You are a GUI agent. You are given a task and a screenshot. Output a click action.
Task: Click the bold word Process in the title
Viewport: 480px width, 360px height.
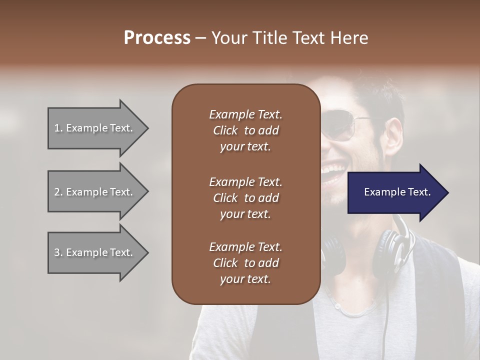(x=157, y=38)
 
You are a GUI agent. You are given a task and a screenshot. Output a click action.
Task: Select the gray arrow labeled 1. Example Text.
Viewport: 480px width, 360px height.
(x=95, y=128)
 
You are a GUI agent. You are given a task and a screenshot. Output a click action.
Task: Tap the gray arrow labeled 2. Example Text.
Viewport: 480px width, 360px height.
(x=95, y=192)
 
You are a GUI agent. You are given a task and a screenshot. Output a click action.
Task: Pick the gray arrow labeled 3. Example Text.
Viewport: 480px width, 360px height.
(x=95, y=252)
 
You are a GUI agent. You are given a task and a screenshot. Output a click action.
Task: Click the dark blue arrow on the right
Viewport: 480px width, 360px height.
(x=395, y=192)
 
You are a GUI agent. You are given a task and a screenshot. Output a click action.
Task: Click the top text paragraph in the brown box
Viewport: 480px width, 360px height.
(x=245, y=130)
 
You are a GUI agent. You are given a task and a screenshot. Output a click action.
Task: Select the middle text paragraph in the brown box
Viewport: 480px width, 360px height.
(x=245, y=197)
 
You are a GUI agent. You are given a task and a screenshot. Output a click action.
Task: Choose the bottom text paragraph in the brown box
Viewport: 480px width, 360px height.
(x=245, y=263)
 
